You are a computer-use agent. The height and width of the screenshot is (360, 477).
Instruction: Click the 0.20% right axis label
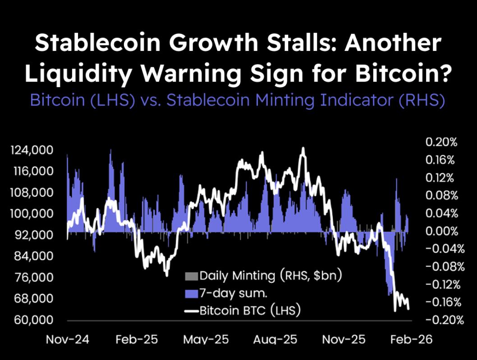441,142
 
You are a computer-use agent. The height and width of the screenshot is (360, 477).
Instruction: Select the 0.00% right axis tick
441,231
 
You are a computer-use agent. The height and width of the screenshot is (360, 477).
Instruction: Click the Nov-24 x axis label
65,339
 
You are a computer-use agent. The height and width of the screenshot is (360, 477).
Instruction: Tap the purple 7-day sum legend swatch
192,293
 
